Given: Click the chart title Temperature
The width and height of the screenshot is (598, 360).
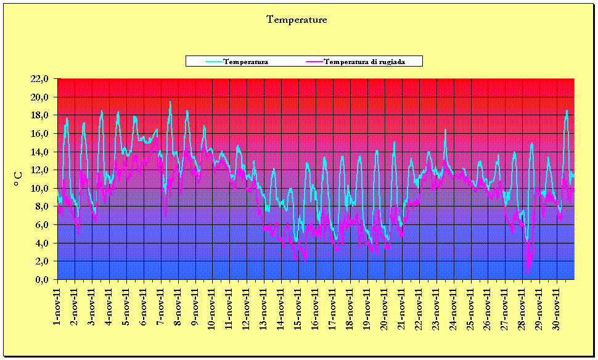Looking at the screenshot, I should coord(297,20).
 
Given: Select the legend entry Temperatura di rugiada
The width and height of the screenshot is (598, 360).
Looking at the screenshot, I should coord(364,62).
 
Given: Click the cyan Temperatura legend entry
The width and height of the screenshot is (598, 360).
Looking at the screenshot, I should coord(245,62).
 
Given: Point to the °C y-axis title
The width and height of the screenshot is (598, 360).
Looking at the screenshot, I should coord(18,179).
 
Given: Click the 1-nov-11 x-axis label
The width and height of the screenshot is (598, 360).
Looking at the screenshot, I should coord(58,303).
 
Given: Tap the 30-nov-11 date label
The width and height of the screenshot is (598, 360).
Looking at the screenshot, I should coord(558,305).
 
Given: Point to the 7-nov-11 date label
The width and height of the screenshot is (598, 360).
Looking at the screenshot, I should coord(162,303).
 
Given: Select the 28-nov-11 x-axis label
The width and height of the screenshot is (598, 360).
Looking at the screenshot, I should coord(523,305).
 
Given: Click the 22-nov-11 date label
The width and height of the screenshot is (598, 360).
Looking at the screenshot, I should coord(420,305).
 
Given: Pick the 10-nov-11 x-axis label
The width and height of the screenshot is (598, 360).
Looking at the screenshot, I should coord(213,305).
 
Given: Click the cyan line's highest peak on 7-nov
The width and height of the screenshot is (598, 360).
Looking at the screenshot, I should coord(170,102).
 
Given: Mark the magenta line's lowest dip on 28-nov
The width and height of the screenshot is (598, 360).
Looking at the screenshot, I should coord(527,272).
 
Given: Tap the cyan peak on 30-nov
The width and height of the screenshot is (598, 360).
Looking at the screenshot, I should coord(567,111).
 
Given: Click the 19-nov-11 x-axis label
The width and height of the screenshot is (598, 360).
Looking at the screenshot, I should coord(368,305).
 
